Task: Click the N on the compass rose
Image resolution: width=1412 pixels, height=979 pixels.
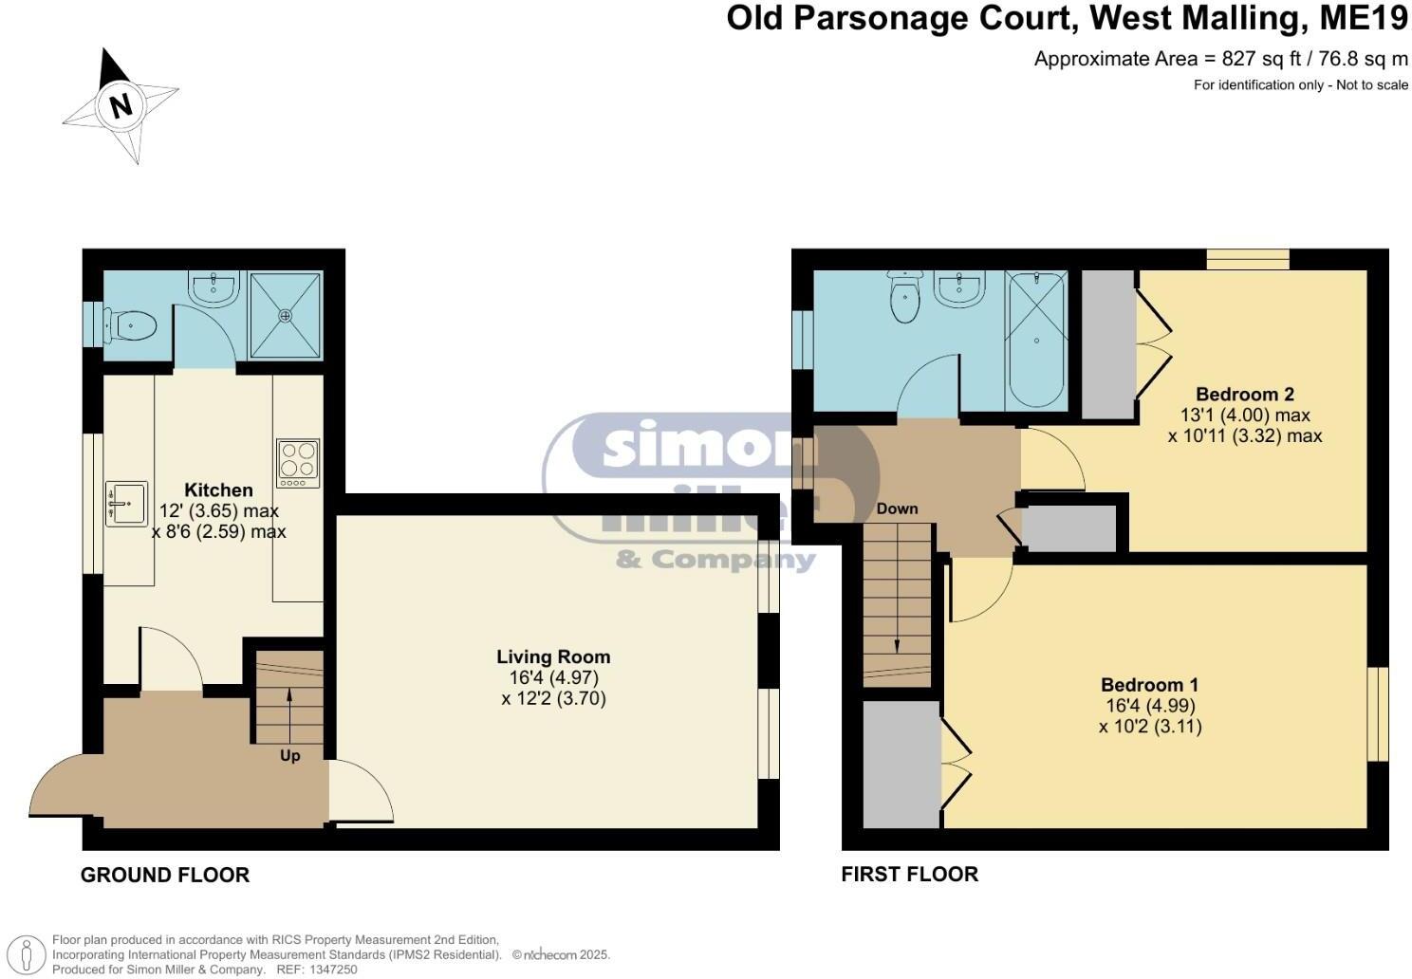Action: [x=121, y=104]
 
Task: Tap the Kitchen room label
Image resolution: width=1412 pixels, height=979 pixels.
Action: [x=218, y=489]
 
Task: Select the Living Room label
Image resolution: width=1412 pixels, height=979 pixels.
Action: [x=553, y=656]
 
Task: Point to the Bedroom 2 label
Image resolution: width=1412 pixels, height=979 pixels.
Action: [x=1244, y=394]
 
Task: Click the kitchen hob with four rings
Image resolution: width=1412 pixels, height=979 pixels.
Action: [x=298, y=463]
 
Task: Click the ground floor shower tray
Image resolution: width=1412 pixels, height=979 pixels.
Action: [x=285, y=315]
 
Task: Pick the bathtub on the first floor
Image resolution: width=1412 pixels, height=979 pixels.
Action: [x=1035, y=339]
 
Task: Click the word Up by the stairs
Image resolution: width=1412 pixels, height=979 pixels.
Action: [x=289, y=755]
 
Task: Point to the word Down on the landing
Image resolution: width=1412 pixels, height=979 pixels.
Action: [x=897, y=508]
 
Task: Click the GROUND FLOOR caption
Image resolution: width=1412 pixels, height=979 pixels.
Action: [x=165, y=875]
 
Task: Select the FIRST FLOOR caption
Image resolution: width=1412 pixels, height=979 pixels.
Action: [x=909, y=875]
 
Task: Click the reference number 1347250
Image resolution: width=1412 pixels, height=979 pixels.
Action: [x=330, y=970]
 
